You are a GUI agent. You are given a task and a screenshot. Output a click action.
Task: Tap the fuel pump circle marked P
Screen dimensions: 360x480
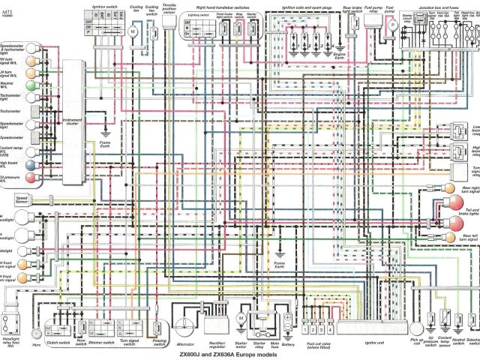pos(391,25)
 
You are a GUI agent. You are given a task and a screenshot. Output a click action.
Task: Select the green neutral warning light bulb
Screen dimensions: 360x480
pos(8,87)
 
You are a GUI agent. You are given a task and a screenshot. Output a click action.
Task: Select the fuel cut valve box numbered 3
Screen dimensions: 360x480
pos(322,329)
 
